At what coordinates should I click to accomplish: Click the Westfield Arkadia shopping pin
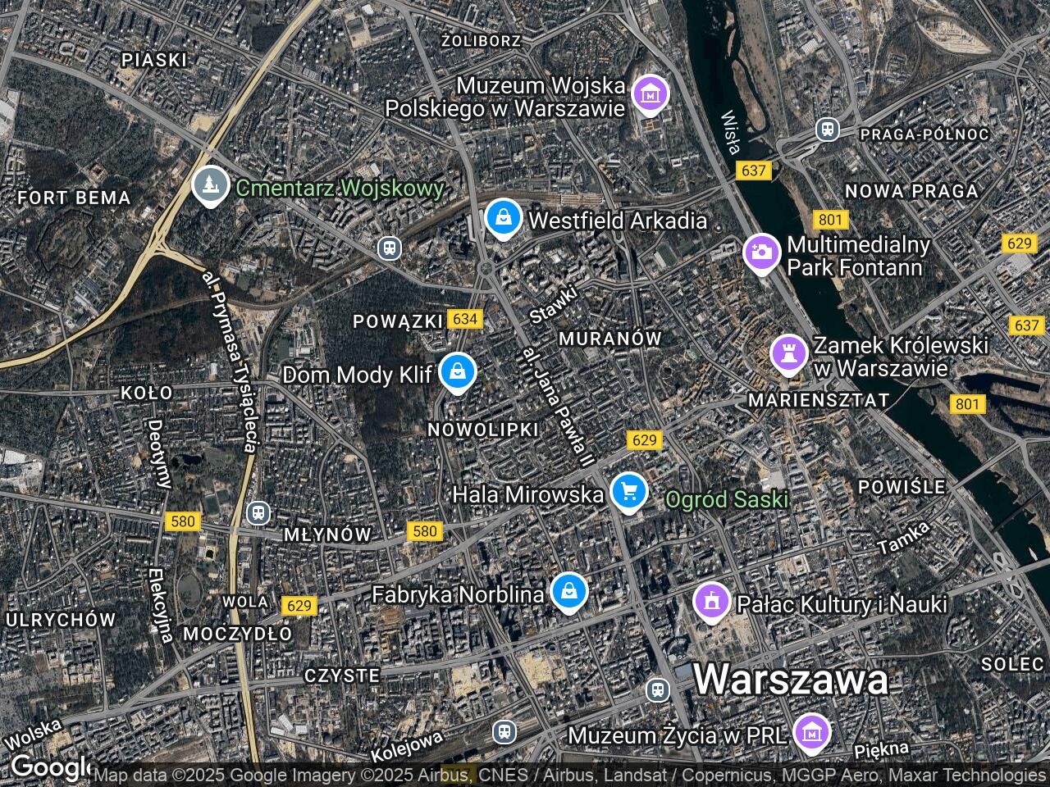pyautogui.click(x=503, y=218)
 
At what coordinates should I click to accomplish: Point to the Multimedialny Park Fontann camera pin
pyautogui.click(x=762, y=252)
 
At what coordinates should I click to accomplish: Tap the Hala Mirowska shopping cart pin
pyautogui.click(x=629, y=492)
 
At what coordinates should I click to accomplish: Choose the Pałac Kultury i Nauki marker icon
pyautogui.click(x=711, y=602)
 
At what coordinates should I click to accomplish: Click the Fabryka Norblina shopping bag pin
pyautogui.click(x=568, y=591)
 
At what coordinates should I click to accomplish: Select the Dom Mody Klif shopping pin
pyautogui.click(x=457, y=372)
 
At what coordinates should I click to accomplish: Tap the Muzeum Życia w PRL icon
pyautogui.click(x=813, y=732)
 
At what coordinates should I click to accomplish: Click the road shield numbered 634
pyautogui.click(x=465, y=319)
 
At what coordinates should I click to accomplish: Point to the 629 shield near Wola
pyautogui.click(x=299, y=606)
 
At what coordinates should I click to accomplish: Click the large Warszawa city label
pyautogui.click(x=791, y=680)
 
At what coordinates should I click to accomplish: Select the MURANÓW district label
pyautogui.click(x=609, y=338)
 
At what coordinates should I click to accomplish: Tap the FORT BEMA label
pyautogui.click(x=74, y=198)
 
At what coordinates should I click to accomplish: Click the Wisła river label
pyautogui.click(x=731, y=132)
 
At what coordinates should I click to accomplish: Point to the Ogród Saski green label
pyautogui.click(x=727, y=499)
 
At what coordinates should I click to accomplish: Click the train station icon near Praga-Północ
pyautogui.click(x=827, y=130)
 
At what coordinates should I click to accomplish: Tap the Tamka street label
pyautogui.click(x=904, y=536)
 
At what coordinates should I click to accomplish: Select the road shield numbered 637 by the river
pyautogui.click(x=752, y=171)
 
